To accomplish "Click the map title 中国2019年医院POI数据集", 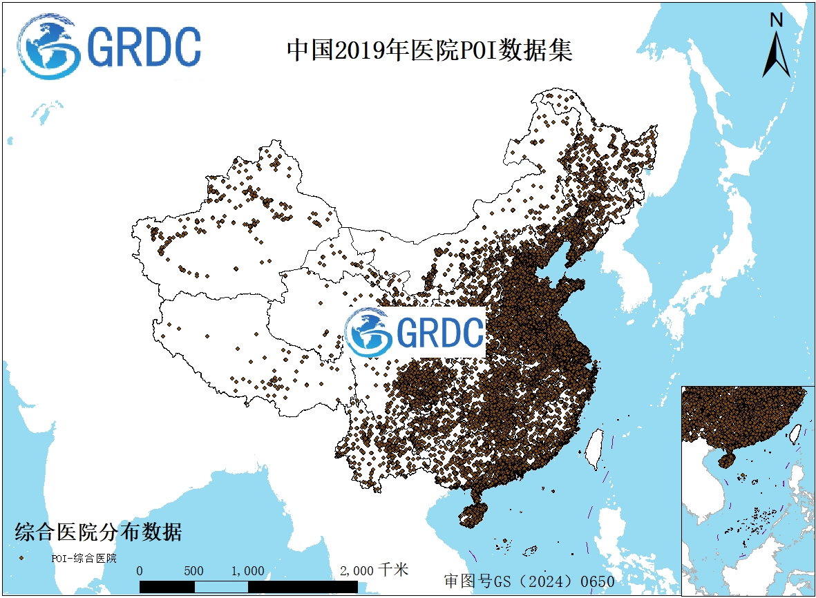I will [429, 51].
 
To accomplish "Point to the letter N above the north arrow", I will [777, 21].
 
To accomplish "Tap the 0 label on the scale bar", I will [140, 571].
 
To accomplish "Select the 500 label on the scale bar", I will [194, 571].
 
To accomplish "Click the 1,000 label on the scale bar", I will [247, 571].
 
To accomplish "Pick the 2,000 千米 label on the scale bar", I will [374, 570].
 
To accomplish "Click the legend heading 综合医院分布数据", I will [98, 533].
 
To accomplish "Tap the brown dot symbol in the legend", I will [22, 557].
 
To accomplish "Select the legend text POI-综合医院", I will [84, 558].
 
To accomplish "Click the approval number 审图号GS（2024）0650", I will [529, 581].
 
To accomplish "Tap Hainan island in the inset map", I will [727, 459].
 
